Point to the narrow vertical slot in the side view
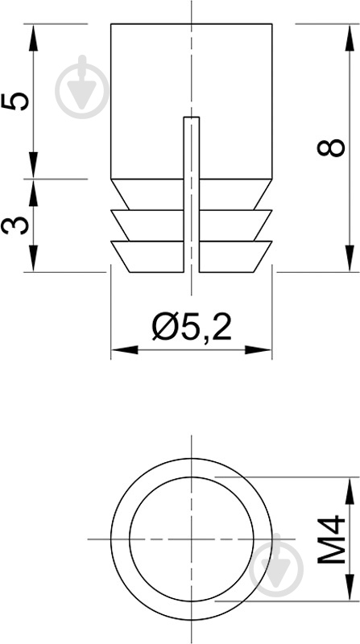[191, 193]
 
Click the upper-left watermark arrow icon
[84, 85]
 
